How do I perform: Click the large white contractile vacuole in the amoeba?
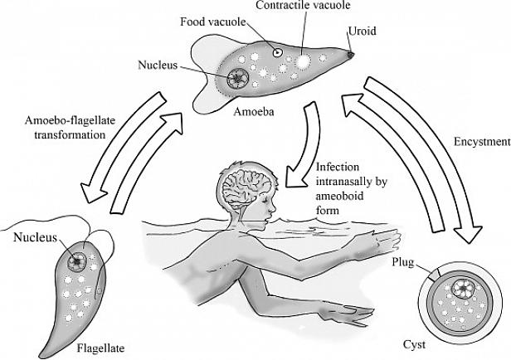(x=304, y=61)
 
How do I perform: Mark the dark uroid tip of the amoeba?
(x=351, y=56)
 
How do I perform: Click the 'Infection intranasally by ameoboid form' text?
(x=348, y=187)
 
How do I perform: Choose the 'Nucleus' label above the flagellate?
(x=35, y=238)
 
